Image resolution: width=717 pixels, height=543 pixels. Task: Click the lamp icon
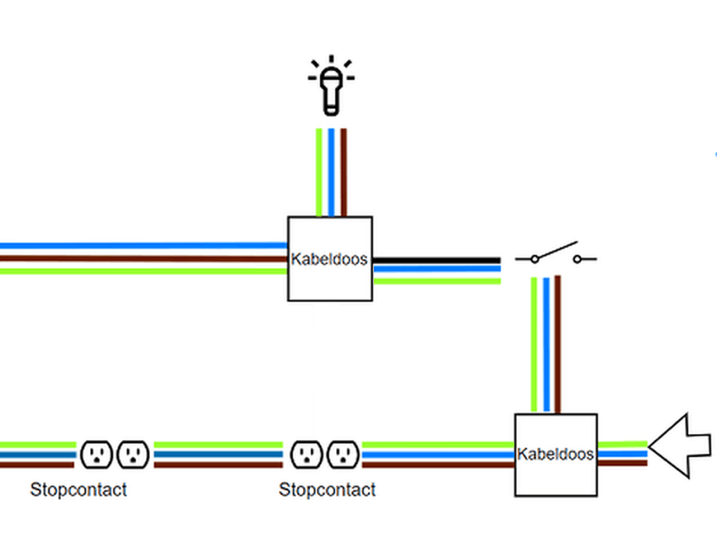[330, 87]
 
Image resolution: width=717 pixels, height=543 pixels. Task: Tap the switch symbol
[555, 255]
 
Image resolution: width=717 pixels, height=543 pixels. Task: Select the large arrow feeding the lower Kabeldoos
[680, 445]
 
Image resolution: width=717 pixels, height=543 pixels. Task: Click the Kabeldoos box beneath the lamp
[330, 258]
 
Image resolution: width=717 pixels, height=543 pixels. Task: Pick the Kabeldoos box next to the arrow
[556, 454]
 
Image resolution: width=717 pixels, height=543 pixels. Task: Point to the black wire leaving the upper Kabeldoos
[436, 260]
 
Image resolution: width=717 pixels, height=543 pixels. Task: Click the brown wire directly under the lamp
[343, 171]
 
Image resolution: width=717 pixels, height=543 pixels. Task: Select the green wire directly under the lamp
[320, 171]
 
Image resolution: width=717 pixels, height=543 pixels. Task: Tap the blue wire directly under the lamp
[331, 171]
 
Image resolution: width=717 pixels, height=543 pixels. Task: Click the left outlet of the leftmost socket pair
[97, 454]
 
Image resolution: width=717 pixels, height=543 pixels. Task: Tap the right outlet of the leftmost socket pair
[132, 454]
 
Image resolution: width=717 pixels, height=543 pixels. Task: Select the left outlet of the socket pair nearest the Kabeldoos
[307, 454]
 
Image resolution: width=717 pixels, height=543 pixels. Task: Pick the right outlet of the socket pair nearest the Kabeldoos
[343, 454]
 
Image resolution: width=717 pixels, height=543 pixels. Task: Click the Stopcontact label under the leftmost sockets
[78, 490]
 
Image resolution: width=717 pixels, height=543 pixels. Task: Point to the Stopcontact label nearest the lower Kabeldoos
[326, 490]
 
